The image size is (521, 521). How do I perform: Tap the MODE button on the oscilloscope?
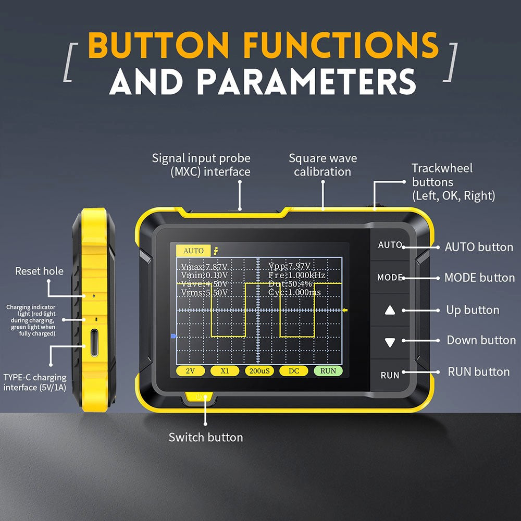[x=390, y=278]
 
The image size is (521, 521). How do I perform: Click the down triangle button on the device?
[x=390, y=342]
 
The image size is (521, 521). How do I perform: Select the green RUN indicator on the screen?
[x=328, y=371]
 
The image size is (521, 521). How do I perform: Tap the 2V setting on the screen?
[x=190, y=371]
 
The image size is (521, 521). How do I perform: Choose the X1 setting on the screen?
[x=225, y=371]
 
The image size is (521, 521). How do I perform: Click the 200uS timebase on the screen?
[x=259, y=371]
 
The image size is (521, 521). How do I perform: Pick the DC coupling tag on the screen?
[x=294, y=371]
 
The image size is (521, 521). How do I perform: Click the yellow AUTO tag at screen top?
[x=193, y=251]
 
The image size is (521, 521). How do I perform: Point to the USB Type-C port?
[x=94, y=343]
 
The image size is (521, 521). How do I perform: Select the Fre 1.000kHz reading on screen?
[x=296, y=275]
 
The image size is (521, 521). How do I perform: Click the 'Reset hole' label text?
[x=39, y=271]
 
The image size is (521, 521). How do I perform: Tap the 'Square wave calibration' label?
[x=322, y=165]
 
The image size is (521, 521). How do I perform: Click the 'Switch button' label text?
[x=205, y=437]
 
